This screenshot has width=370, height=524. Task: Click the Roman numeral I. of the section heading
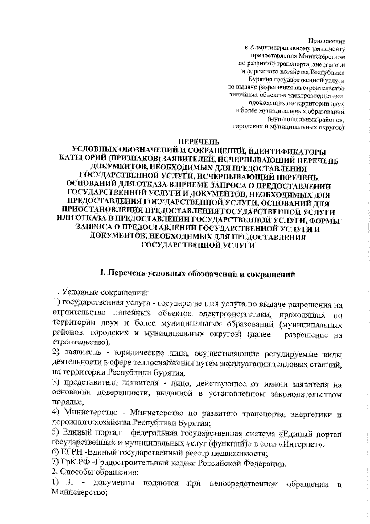pos(104,274)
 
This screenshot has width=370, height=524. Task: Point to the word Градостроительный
pos(119,464)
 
